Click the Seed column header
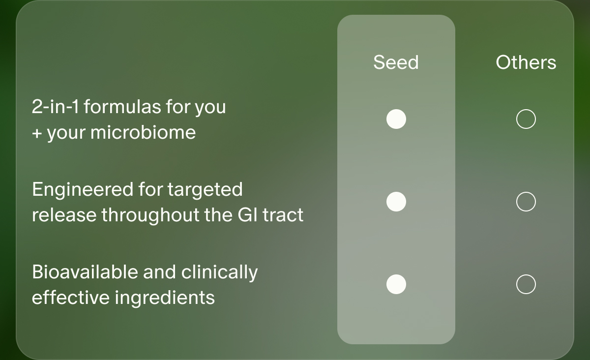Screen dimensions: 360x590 tap(396, 62)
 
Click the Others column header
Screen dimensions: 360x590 tap(526, 62)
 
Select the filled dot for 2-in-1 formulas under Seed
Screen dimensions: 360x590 tap(396, 119)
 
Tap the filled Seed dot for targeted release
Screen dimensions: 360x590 tap(396, 202)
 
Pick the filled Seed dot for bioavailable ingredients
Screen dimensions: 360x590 tap(396, 284)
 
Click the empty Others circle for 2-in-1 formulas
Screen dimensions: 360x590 tap(526, 119)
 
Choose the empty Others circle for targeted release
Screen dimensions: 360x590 tap(526, 202)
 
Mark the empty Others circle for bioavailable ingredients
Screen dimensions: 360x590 tap(526, 284)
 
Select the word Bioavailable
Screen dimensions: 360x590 tap(85, 272)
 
